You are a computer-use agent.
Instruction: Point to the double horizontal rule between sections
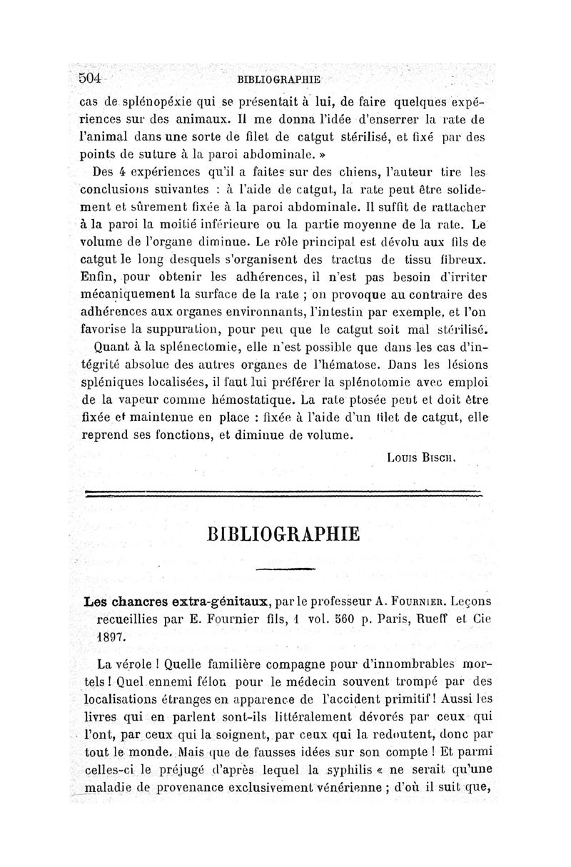point(284,492)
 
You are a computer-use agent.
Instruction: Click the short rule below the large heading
point(285,569)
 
